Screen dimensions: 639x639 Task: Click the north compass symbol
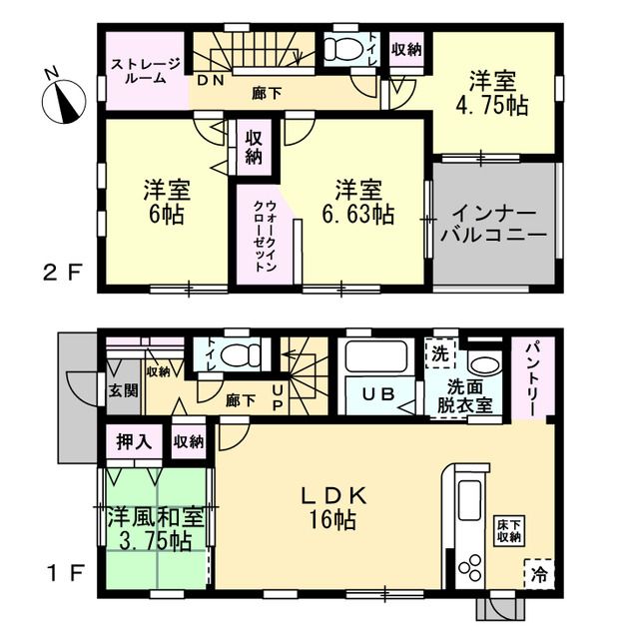point(64,98)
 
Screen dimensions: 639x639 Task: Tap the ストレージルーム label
point(146,71)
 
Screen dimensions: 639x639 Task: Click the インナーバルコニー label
point(493,224)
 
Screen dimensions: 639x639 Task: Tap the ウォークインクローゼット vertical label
point(265,236)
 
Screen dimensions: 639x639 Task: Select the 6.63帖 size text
point(358,214)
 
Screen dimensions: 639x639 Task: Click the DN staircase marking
point(211,80)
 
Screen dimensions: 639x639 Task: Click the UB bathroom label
point(378,393)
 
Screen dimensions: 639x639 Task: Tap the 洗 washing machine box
point(439,353)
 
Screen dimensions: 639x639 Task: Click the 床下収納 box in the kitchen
point(509,530)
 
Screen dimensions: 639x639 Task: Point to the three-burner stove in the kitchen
point(469,567)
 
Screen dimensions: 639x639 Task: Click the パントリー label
point(533,379)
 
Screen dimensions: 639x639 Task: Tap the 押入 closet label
point(134,441)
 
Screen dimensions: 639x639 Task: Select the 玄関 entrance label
point(123,390)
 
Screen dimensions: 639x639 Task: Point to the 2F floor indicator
point(63,272)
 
